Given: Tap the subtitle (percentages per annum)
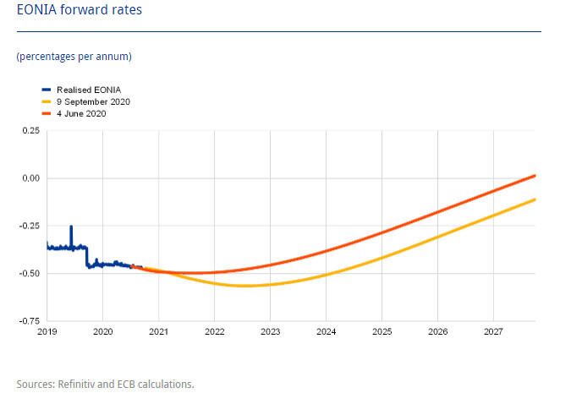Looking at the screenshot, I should (74, 57).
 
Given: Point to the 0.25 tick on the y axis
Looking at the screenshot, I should (31, 131).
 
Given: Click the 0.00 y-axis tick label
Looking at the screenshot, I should (31, 178).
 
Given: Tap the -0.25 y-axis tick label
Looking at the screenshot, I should (30, 227).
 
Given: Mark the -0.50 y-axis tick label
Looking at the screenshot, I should (30, 274).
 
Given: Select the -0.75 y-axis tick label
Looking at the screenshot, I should (30, 321).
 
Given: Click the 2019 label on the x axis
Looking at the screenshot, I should (47, 332).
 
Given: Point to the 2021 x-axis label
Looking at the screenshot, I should (158, 332).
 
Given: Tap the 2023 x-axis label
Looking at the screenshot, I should (270, 332).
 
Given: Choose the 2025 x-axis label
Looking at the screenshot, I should (382, 332).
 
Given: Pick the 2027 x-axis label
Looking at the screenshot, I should (493, 332).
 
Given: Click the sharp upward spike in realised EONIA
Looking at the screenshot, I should (71, 227).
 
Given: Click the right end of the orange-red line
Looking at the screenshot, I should (535, 176).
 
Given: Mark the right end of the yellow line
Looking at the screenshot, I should (535, 199).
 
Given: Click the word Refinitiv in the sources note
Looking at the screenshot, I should (77, 385).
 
